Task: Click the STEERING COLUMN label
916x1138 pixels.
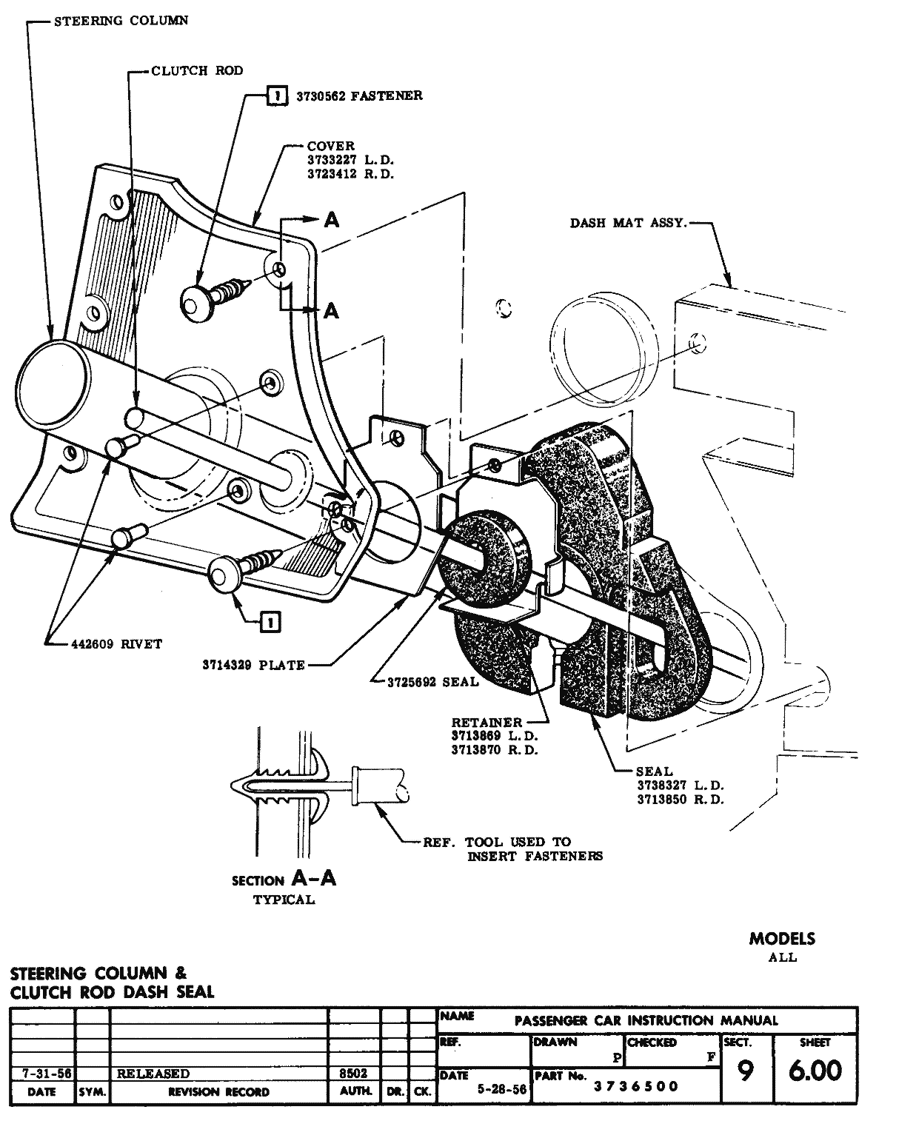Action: pos(121,21)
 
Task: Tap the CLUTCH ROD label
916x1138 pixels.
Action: pos(197,71)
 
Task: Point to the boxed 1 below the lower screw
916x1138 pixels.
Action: pos(270,623)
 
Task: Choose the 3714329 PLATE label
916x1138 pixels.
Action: pos(253,665)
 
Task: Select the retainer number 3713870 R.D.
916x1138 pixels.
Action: pos(495,750)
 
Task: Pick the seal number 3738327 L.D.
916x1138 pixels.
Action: pos(680,785)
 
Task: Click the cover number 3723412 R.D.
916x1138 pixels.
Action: pos(350,174)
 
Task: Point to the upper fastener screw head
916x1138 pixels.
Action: pos(198,303)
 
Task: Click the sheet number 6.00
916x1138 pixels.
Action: pos(815,1071)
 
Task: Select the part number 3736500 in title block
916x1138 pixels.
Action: pos(635,1086)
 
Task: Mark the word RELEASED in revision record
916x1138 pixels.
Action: pos(153,1074)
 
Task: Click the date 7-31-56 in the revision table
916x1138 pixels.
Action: pos(42,1074)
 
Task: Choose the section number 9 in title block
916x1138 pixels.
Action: pos(746,1071)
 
